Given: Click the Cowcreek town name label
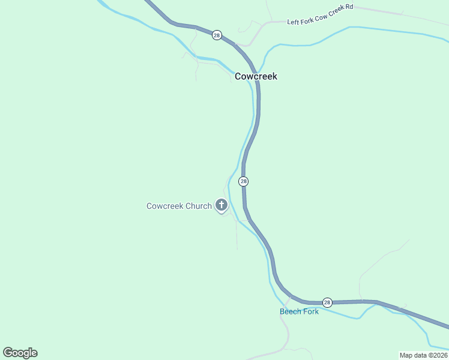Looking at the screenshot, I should coord(256,76).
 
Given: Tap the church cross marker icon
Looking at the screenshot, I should coord(221,206).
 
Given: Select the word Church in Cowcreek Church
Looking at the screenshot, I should coord(199,206).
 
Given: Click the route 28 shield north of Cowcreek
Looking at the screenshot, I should coord(217,35).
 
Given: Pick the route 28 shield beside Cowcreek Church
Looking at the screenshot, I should coord(243,181).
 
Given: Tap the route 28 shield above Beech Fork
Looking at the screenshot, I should coord(327,302).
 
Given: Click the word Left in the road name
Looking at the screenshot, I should coord(293,22).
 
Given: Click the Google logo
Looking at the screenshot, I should coord(20,353).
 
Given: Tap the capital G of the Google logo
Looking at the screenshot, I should coord(7,352).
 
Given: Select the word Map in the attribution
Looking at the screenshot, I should coord(406,355).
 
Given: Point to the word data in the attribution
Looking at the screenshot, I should coord(420,355).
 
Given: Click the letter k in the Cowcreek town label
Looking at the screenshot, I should coord(274,76).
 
